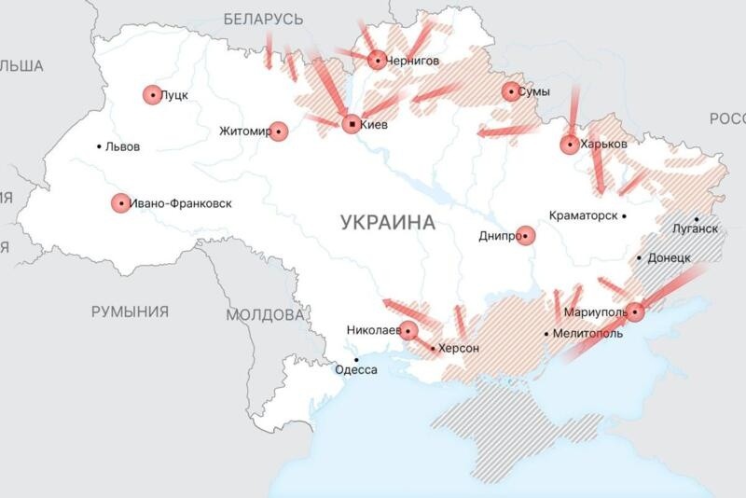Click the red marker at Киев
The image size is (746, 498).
pyautogui.click(x=351, y=124)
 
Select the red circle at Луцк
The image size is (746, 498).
pyautogui.click(x=152, y=94)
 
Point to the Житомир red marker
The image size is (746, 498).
pyautogui.click(x=278, y=131)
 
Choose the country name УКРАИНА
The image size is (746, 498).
pyautogui.click(x=388, y=222)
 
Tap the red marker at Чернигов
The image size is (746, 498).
pyautogui.click(x=377, y=61)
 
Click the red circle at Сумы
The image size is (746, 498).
pyautogui.click(x=511, y=91)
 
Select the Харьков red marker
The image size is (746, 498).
pyautogui.click(x=570, y=145)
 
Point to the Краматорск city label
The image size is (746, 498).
pyautogui.click(x=584, y=215)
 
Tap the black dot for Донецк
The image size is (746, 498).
pyautogui.click(x=640, y=258)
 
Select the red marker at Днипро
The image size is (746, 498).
pyautogui.click(x=526, y=236)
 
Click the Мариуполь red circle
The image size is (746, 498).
pyautogui.click(x=635, y=311)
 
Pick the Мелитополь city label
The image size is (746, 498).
pyautogui.click(x=587, y=333)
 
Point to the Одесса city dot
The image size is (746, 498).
pyautogui.click(x=355, y=359)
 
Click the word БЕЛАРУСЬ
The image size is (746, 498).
pyautogui.click(x=264, y=19)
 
